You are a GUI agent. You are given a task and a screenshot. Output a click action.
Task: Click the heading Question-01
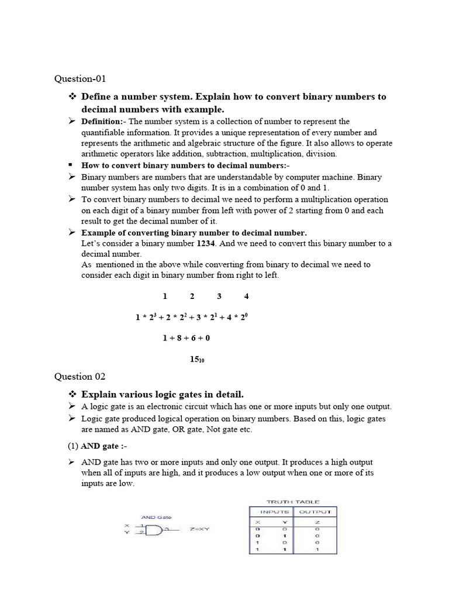(80, 78)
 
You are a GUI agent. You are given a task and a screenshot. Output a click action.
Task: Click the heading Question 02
(81, 377)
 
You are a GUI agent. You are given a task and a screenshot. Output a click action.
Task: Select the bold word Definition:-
(102, 122)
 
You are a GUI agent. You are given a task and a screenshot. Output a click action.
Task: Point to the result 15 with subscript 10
(196, 359)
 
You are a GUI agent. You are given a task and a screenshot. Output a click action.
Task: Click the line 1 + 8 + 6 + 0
(186, 338)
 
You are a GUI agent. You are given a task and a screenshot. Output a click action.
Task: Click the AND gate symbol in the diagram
(154, 530)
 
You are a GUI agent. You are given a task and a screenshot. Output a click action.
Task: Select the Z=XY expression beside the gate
(199, 530)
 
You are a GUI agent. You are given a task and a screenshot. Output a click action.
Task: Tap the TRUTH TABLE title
(293, 502)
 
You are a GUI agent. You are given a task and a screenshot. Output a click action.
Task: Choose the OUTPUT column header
(316, 511)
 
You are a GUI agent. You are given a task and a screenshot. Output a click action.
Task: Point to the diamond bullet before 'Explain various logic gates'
(72, 393)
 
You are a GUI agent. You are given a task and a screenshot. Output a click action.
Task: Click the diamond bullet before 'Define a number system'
(72, 96)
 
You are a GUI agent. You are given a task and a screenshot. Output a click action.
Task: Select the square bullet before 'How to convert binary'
(71, 165)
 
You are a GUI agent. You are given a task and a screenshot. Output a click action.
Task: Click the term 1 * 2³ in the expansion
(146, 317)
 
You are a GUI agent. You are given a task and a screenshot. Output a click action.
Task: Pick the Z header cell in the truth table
(316, 521)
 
